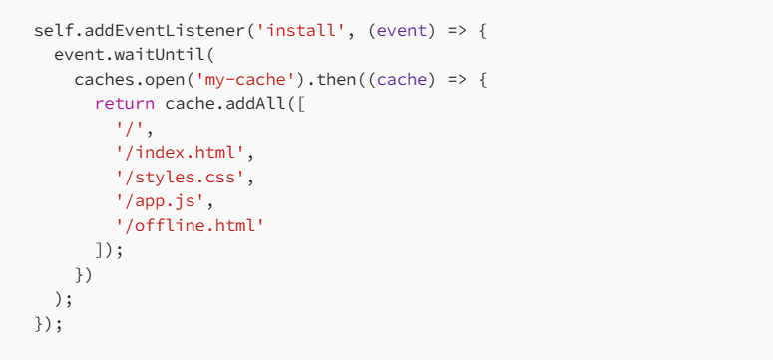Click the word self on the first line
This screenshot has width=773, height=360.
tap(54, 31)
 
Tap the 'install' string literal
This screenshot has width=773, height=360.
tap(301, 31)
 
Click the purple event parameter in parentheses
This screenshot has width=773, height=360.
tap(401, 31)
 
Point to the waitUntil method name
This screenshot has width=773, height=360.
tap(161, 55)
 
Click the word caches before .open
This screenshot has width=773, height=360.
tap(104, 80)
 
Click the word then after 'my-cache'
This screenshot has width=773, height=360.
tap(337, 80)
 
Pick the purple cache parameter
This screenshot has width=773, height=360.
tap(401, 80)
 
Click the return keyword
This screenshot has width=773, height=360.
tap(125, 104)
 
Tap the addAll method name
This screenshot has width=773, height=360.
tap(256, 104)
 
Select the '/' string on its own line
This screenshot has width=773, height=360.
tap(130, 129)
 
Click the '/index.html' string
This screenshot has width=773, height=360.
tap(181, 153)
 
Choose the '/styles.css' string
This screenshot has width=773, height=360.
tap(181, 178)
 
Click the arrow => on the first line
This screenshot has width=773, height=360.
tap(457, 31)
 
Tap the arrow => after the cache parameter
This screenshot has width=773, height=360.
tap(457, 80)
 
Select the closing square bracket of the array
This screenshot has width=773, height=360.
tap(100, 250)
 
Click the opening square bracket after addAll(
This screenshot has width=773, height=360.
tap(301, 104)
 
